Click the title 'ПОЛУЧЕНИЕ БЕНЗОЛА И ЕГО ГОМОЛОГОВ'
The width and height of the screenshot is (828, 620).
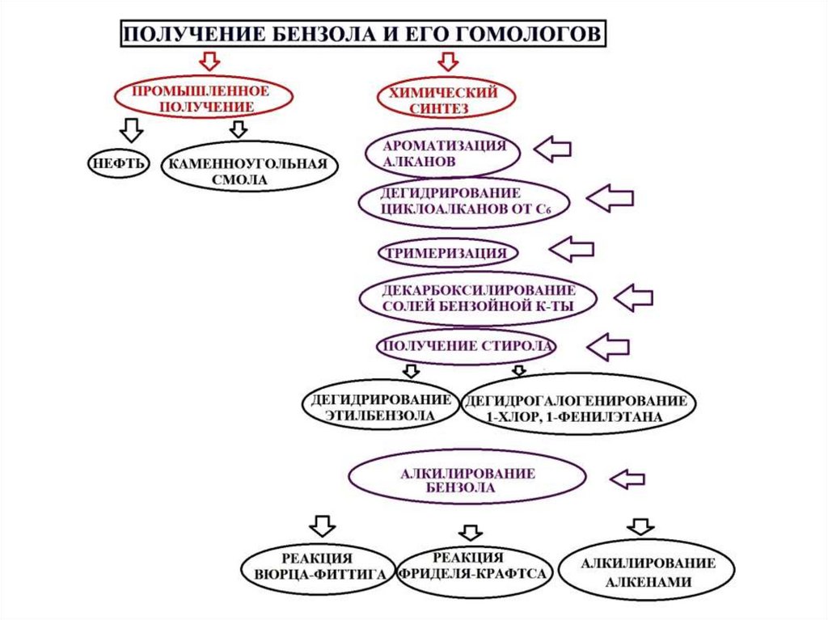pyautogui.click(x=361, y=34)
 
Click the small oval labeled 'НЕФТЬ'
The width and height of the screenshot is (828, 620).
pyautogui.click(x=118, y=163)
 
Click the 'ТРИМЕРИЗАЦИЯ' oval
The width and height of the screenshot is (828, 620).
pyautogui.click(x=447, y=253)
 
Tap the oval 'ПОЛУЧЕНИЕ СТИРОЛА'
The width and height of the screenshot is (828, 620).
pyautogui.click(x=467, y=347)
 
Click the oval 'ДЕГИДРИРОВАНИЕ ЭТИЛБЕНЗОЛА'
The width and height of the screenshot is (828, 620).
pyautogui.click(x=380, y=407)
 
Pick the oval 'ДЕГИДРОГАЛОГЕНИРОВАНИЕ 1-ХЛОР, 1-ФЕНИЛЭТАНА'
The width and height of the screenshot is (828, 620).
pyautogui.click(x=578, y=409)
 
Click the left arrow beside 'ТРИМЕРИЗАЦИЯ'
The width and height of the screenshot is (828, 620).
pyautogui.click(x=572, y=248)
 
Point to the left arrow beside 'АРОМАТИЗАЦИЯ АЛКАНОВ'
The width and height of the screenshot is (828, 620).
pyautogui.click(x=553, y=148)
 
